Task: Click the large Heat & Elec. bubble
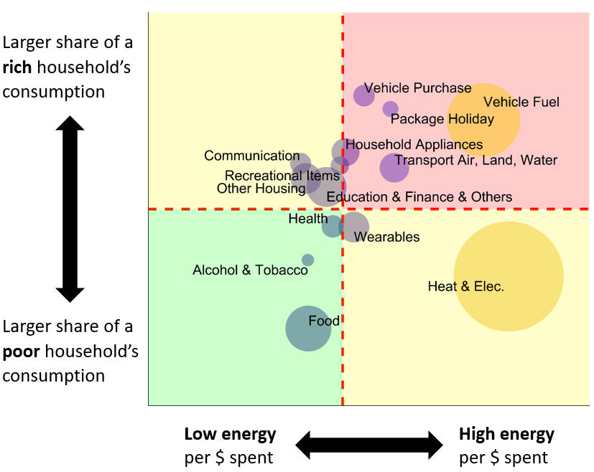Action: [x=508, y=276]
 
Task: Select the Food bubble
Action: [x=308, y=328]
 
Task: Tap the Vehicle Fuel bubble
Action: [x=483, y=119]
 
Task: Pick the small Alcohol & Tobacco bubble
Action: [x=307, y=260]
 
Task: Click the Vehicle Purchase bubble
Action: [x=364, y=95]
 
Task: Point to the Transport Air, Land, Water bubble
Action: [x=394, y=168]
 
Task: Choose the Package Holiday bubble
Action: [x=390, y=109]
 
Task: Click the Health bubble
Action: [x=333, y=225]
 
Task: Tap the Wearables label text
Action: [x=386, y=237]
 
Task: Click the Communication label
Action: [x=251, y=156]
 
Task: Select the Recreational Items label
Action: [x=282, y=176]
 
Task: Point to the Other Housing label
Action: [x=261, y=189]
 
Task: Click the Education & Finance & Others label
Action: [x=419, y=197]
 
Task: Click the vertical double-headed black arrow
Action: [x=70, y=209]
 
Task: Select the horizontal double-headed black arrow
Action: [x=368, y=445]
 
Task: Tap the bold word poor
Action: [x=21, y=351]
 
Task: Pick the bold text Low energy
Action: [x=230, y=434]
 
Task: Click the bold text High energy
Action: [x=506, y=434]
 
